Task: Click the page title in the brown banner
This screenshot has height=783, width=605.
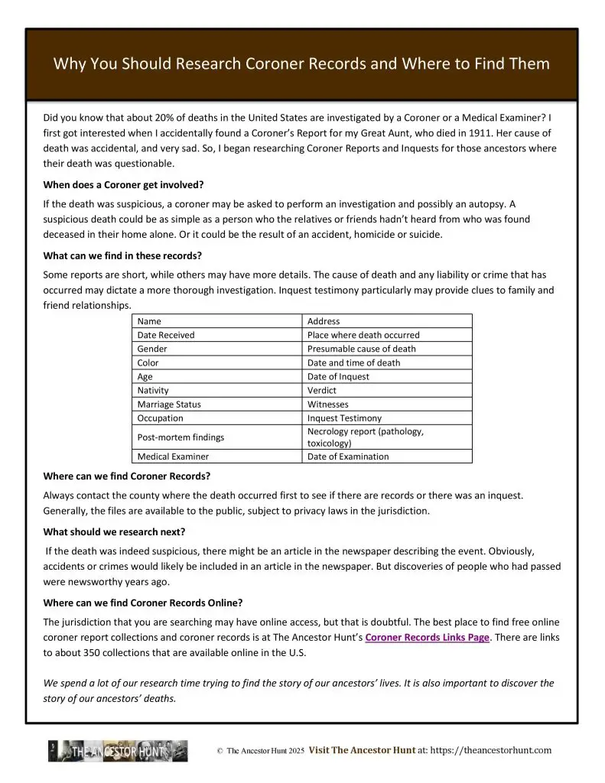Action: point(301,63)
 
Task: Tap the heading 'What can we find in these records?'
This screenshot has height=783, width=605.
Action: point(122,255)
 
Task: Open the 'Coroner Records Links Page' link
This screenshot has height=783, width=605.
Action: point(427,637)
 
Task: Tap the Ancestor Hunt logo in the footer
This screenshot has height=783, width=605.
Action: point(118,751)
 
